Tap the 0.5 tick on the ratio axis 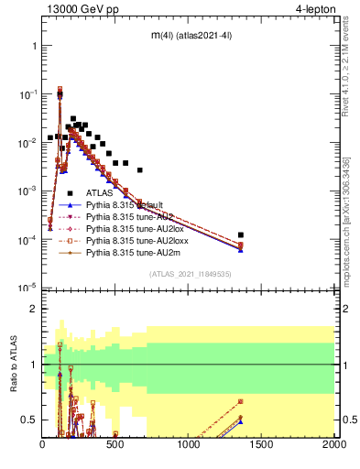point(29,420)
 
